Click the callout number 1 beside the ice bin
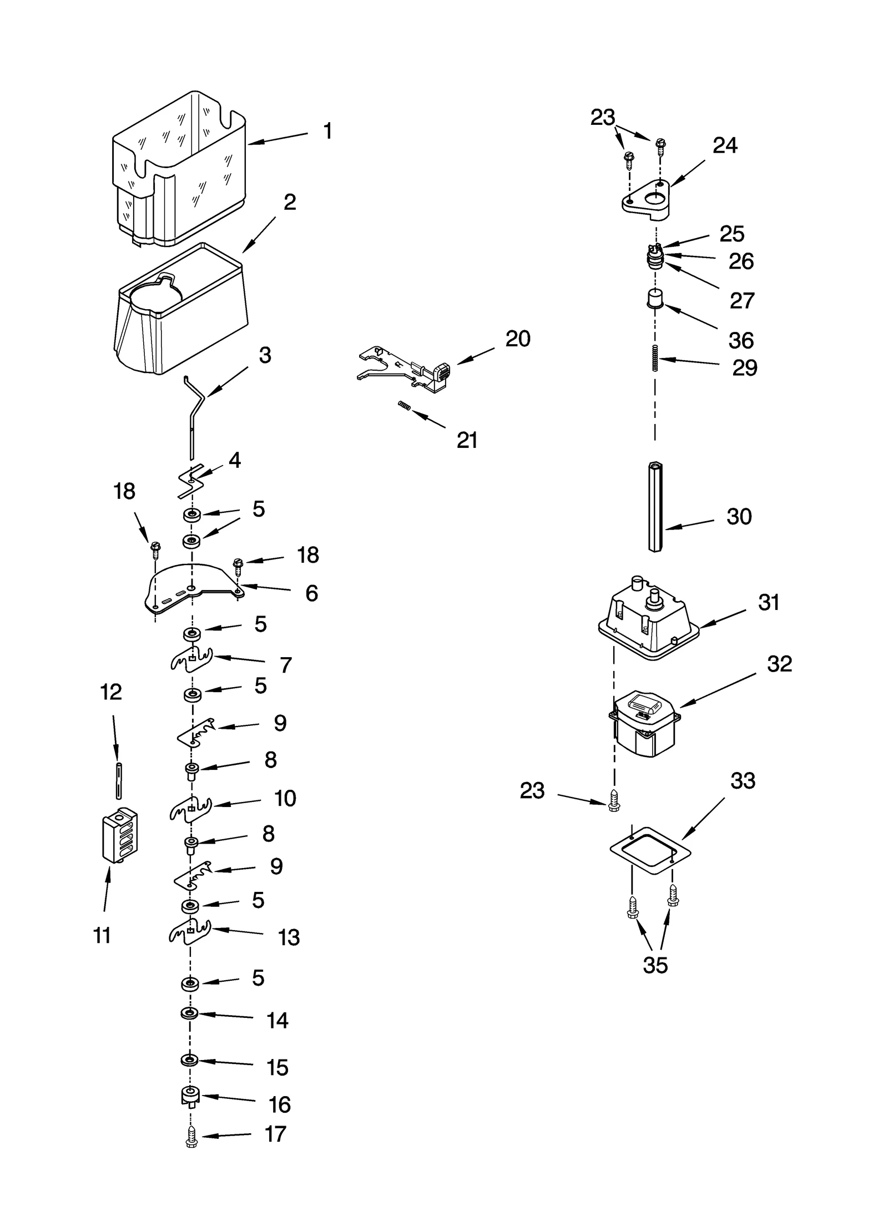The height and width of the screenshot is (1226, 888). (327, 132)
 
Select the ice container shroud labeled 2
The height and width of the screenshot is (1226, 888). (183, 316)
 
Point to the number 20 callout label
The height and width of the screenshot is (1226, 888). (517, 339)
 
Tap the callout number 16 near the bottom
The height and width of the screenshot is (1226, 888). (279, 1104)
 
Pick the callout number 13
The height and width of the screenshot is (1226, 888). (289, 937)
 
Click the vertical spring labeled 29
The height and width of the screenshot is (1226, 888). (655, 358)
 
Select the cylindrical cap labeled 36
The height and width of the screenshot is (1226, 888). (655, 300)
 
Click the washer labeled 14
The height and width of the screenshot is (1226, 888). (190, 1014)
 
